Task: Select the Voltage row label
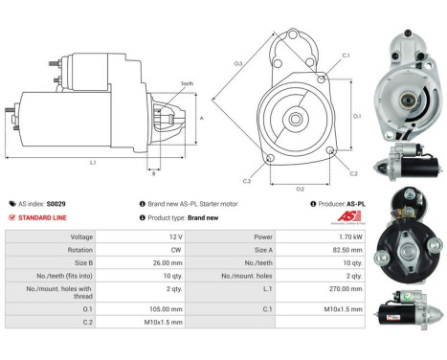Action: (x=81, y=236)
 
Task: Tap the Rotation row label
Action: (x=79, y=250)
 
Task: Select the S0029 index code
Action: (x=56, y=204)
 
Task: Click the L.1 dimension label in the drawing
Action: (x=92, y=163)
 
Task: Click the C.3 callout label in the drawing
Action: (x=247, y=180)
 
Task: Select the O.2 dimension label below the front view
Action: (x=300, y=189)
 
